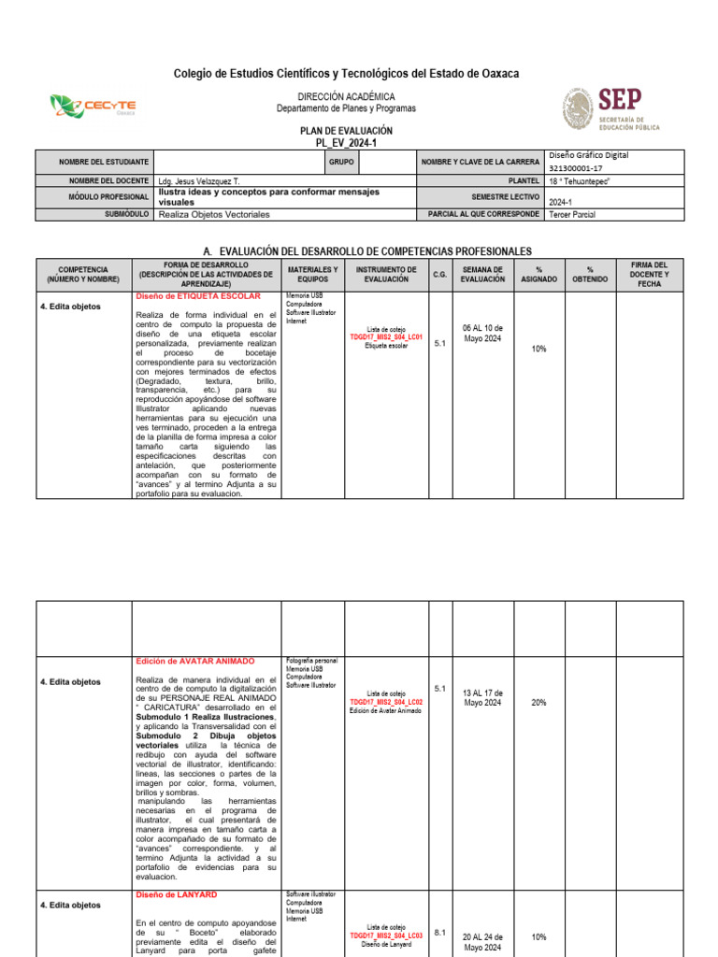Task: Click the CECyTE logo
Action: [93, 107]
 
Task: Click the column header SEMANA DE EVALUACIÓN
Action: [482, 274]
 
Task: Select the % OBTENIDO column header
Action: [590, 274]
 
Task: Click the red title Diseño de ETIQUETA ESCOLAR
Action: [197, 296]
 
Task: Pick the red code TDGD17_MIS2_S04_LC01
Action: [386, 337]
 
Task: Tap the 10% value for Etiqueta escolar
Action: [538, 349]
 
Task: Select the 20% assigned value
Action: [538, 702]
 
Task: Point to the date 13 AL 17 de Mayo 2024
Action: [482, 697]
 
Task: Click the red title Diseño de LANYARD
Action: [177, 894]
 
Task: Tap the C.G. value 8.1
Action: [440, 932]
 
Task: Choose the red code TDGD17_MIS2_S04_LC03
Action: [386, 935]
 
